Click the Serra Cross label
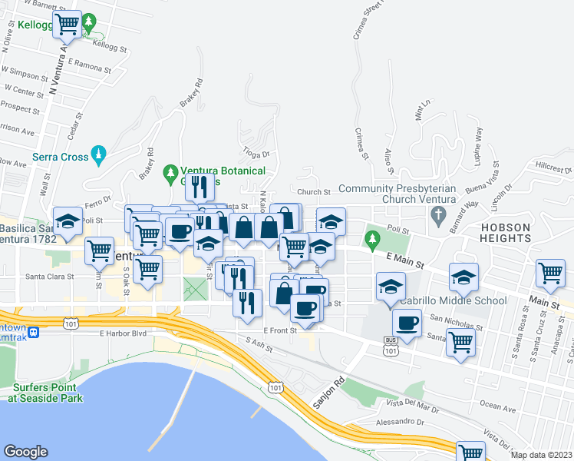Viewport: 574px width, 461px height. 60,156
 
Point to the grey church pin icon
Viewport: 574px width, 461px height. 438,213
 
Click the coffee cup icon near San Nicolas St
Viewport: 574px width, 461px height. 407,323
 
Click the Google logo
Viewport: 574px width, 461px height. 25,452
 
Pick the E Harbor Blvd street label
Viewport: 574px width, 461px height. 122,333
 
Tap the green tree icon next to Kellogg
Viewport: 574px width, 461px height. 89,21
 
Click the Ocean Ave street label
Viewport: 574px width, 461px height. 498,404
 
